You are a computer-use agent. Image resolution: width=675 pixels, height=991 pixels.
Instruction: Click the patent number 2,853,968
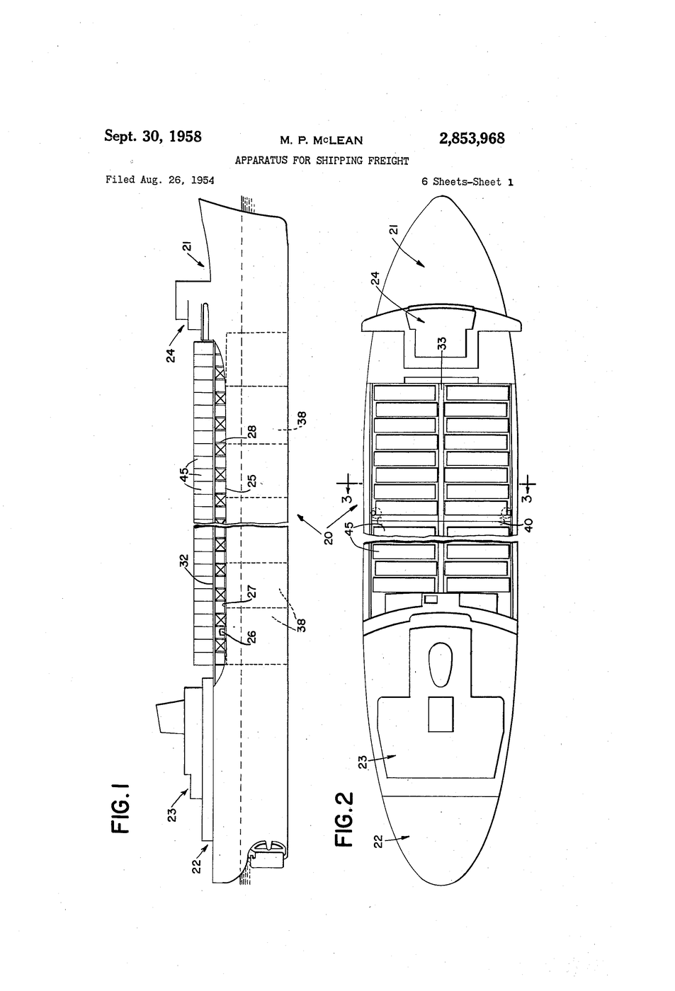[472, 139]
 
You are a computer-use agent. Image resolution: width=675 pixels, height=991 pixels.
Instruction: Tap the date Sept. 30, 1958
[153, 136]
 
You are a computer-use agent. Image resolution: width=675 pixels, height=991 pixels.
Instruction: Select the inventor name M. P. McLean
[322, 141]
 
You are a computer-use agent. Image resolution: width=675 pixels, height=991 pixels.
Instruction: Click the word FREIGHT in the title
[388, 161]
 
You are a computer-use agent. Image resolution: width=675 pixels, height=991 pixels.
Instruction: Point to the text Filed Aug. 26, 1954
[160, 180]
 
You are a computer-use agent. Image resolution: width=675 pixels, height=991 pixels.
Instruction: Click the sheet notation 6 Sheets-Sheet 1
[467, 182]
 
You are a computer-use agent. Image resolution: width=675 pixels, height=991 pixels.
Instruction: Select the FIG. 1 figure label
[120, 808]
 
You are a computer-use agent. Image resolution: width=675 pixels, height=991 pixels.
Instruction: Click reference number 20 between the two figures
[328, 537]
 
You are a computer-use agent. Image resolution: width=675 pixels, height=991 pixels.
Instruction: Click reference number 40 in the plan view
[528, 525]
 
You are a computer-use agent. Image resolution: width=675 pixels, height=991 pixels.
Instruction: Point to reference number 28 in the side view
[251, 432]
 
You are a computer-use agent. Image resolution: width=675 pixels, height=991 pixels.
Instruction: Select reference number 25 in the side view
[251, 481]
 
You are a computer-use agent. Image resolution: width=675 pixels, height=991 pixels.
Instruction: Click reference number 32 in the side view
[185, 561]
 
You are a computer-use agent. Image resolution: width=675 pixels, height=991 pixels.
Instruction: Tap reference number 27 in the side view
[251, 592]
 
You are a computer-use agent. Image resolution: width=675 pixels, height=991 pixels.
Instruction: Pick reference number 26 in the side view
[251, 637]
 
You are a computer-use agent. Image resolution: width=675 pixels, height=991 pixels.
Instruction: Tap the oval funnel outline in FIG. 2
[440, 665]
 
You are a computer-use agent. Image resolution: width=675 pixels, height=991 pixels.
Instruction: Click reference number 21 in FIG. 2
[393, 230]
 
